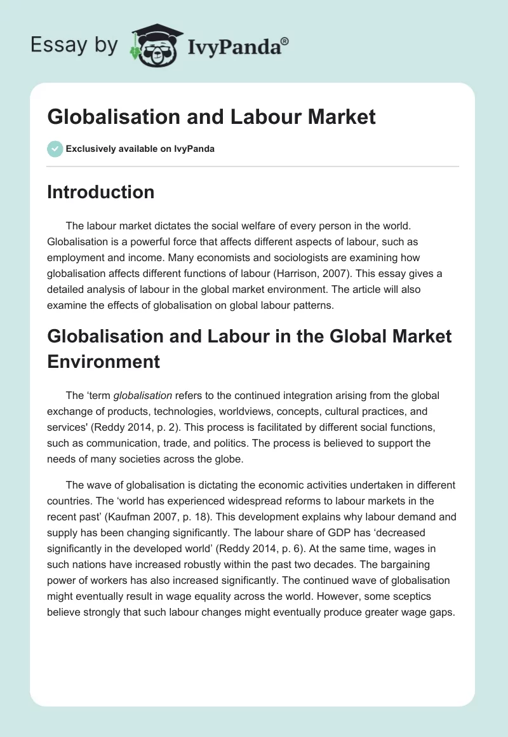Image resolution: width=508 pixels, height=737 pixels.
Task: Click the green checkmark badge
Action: click(55, 149)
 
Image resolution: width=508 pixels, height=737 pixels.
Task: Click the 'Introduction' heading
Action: click(100, 192)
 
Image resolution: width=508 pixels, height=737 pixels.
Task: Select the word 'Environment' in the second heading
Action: click(104, 361)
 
